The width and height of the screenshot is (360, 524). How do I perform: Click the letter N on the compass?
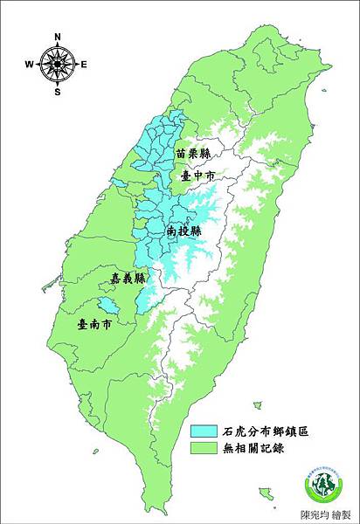tap(58, 37)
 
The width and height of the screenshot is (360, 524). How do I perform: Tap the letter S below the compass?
tap(58, 91)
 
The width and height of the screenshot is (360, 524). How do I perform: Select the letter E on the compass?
tap(84, 64)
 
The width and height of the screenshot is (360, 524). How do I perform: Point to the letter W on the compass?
tap(29, 64)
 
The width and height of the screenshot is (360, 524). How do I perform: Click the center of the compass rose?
tap(58, 64)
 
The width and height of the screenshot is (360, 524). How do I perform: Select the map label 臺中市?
tap(197, 176)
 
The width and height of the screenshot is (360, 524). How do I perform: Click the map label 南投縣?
tap(183, 231)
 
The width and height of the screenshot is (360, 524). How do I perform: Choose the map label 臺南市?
tap(94, 323)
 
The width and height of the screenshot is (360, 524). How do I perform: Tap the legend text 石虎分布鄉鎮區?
tap(261, 431)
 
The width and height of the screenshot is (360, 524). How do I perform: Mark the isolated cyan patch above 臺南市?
tap(107, 305)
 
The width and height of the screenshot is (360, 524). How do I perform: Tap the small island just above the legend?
tap(258, 404)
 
